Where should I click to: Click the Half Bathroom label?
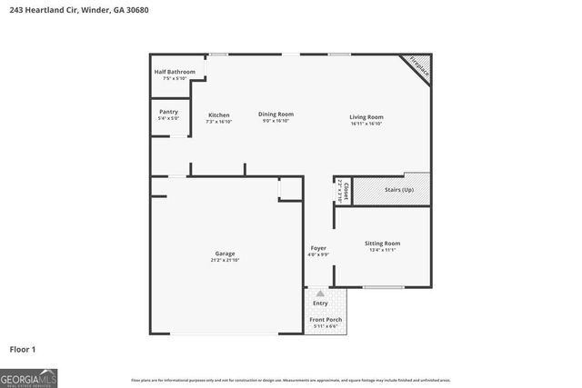pos(175,71)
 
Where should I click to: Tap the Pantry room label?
pos(168,112)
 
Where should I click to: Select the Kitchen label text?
pos(219,114)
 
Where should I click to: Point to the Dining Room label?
pos(276,114)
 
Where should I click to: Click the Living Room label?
pos(366,116)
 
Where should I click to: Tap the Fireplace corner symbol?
pos(418,65)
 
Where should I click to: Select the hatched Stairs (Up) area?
pos(391,190)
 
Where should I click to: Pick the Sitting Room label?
pos(382,244)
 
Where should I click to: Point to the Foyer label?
pos(318,248)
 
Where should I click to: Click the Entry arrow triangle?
pos(319,293)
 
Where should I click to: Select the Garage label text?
pos(225,254)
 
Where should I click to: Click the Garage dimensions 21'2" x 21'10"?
pos(225,261)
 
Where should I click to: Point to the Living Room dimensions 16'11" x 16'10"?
pos(366,124)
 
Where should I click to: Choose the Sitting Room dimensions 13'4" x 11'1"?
pos(382,251)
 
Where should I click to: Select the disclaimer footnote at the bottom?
pos(291,380)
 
